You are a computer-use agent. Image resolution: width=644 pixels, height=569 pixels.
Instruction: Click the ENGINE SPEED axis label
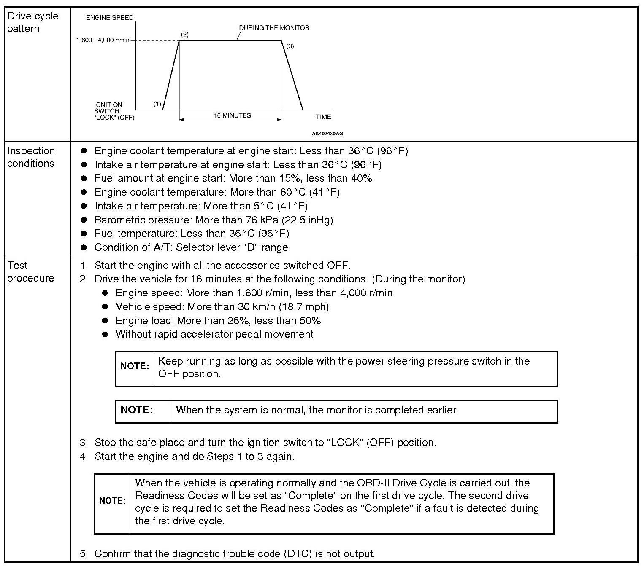pyautogui.click(x=109, y=18)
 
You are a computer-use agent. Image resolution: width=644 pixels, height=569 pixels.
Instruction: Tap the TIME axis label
pyautogui.click(x=323, y=117)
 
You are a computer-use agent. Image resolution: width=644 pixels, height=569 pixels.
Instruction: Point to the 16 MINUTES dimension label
pyautogui.click(x=232, y=115)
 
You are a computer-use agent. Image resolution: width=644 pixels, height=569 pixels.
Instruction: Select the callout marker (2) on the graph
pyautogui.click(x=184, y=34)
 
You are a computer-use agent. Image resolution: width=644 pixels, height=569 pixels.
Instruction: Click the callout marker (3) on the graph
pyautogui.click(x=290, y=46)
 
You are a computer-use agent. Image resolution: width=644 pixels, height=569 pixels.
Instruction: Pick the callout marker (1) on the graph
pyautogui.click(x=157, y=104)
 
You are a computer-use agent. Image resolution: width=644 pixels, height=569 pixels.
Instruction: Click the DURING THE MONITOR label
pyautogui.click(x=274, y=28)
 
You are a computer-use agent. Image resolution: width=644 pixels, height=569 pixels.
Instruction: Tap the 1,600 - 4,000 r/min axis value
pyautogui.click(x=103, y=40)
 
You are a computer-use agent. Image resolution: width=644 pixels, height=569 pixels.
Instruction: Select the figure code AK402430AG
pyautogui.click(x=327, y=134)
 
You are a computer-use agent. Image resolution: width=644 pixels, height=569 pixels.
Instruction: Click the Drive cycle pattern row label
pyautogui.click(x=32, y=22)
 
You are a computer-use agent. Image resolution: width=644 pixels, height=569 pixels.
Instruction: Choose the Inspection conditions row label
pyautogui.click(x=31, y=157)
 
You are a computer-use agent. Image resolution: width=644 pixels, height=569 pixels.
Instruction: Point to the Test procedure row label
pyautogui.click(x=30, y=272)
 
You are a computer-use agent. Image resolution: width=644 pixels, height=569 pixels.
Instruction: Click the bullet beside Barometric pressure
pyautogui.click(x=84, y=220)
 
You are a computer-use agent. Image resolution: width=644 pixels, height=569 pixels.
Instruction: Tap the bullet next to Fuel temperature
pyautogui.click(x=84, y=234)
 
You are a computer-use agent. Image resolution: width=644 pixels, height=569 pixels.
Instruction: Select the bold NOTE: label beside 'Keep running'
pyautogui.click(x=135, y=366)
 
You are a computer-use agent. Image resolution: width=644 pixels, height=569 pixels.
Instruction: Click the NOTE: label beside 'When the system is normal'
pyautogui.click(x=137, y=410)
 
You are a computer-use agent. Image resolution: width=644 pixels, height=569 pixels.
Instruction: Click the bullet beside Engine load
pyautogui.click(x=105, y=321)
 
